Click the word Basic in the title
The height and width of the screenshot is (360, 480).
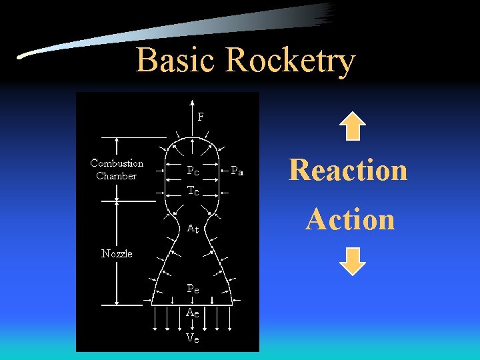[x=177, y=60]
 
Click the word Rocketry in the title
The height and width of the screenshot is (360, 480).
[x=289, y=61]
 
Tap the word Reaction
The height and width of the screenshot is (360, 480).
[x=347, y=169]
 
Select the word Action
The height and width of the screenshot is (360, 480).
[x=350, y=219]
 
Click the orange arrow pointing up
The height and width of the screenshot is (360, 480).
[x=352, y=126]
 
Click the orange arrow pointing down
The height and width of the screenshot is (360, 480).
[x=352, y=261]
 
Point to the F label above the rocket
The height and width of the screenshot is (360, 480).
[x=201, y=116]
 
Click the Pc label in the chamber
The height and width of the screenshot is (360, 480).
[x=193, y=171]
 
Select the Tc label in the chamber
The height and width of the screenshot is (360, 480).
[x=193, y=191]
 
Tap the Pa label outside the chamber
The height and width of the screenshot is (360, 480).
[x=237, y=171]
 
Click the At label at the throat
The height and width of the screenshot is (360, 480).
[x=193, y=229]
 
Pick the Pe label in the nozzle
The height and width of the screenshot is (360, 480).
[x=193, y=289]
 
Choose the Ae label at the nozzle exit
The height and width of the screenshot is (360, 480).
[x=193, y=312]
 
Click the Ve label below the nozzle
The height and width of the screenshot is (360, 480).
[x=193, y=337]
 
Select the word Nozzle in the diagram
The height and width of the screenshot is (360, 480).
[x=117, y=253]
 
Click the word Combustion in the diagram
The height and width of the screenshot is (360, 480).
[x=117, y=163]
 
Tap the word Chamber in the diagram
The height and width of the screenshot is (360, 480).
[x=117, y=176]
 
